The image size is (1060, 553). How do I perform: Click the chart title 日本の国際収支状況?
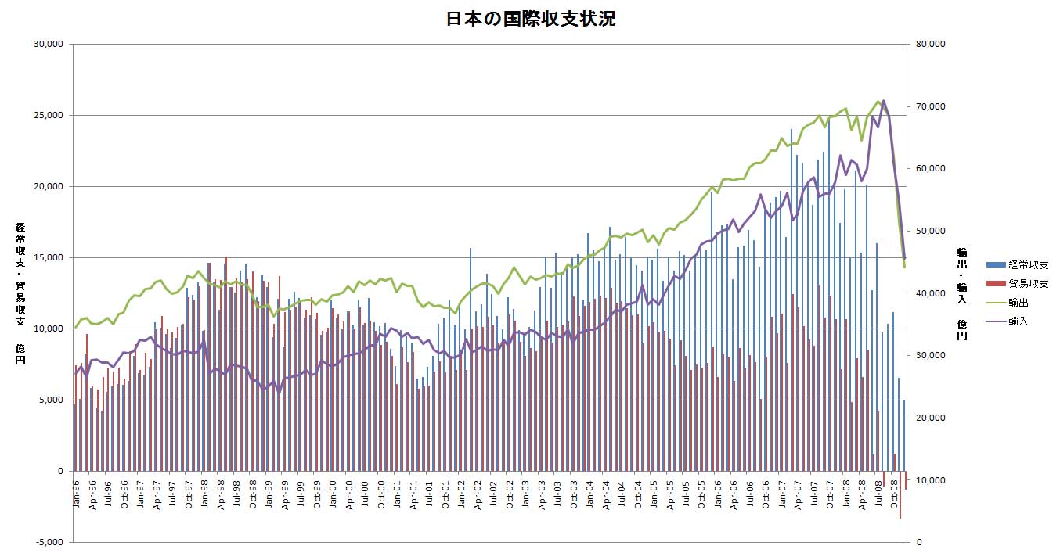click(x=530, y=20)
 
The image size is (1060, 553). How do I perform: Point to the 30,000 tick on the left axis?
click(x=49, y=44)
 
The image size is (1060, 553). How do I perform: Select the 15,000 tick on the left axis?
click(x=49, y=257)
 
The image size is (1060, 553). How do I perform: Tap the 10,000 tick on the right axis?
click(x=930, y=480)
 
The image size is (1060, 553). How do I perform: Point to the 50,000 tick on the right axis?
click(x=930, y=231)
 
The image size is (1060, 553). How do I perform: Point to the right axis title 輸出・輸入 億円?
click(x=962, y=293)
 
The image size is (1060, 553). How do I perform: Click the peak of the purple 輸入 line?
click(x=884, y=101)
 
